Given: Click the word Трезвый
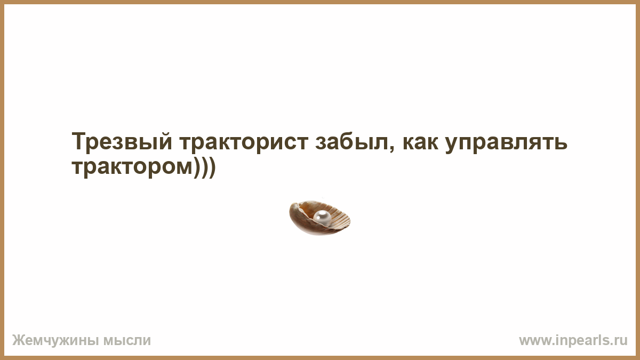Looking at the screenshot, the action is point(122,141).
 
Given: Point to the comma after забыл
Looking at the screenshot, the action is point(391,148).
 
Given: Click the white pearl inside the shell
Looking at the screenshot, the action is point(322,217).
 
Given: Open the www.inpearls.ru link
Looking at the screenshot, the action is point(573,341).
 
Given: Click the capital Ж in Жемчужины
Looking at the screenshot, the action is point(18,340).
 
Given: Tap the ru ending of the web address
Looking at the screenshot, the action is point(621,341).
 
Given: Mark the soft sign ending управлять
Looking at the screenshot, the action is point(561,142).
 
